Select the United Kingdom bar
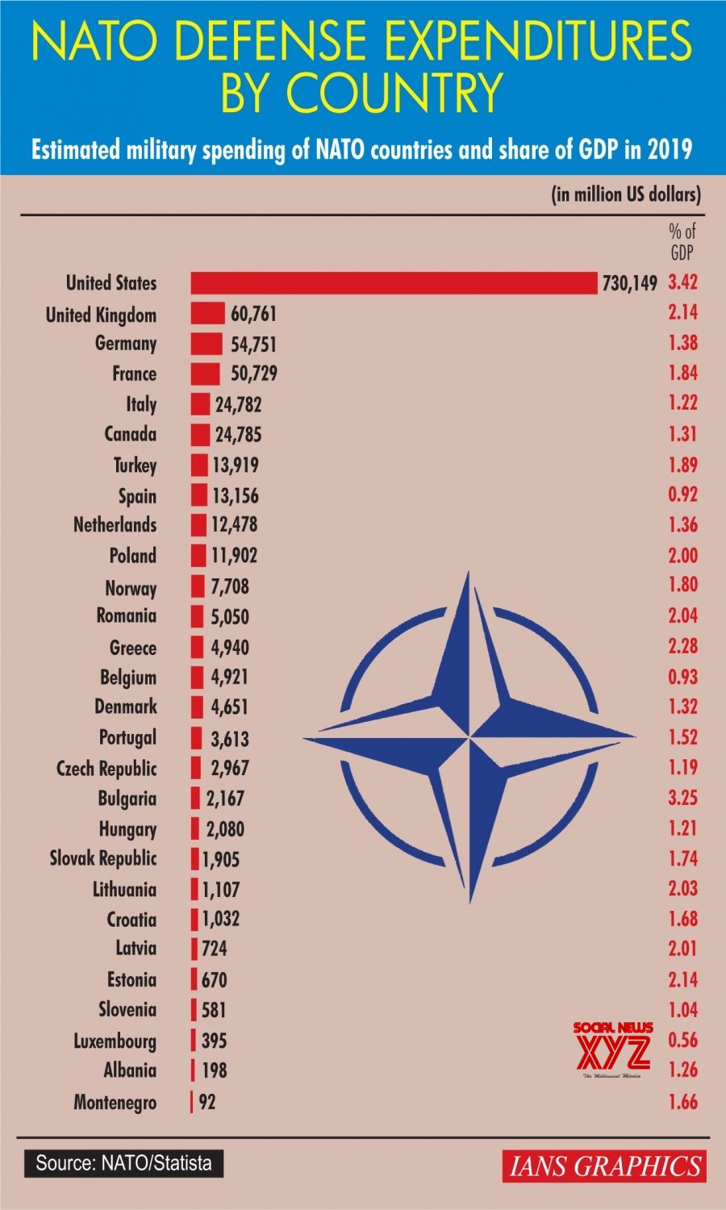(x=207, y=314)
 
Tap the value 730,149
(x=629, y=283)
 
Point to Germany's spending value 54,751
(x=253, y=344)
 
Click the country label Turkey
(x=135, y=465)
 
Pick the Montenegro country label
(x=115, y=1102)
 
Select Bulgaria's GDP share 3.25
(x=682, y=798)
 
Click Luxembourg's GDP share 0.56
(x=682, y=1040)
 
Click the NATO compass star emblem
(x=469, y=736)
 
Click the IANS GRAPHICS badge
(x=604, y=1166)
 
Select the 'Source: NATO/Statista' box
(x=123, y=1162)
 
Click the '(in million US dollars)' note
(x=626, y=194)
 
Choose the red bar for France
(x=205, y=374)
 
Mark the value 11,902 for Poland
(x=234, y=556)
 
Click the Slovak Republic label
(x=103, y=858)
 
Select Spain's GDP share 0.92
(x=682, y=494)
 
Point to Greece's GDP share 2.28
(x=682, y=646)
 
